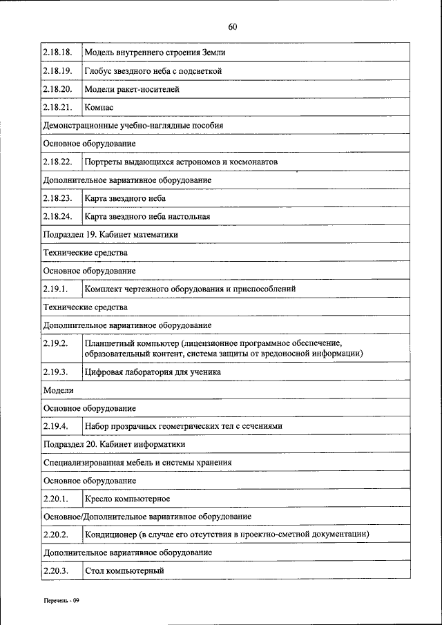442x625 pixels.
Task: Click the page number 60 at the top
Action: (x=232, y=27)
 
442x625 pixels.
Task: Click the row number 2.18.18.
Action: (x=57, y=52)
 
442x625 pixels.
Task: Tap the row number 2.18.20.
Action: (x=57, y=89)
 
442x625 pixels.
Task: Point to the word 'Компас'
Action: (x=99, y=108)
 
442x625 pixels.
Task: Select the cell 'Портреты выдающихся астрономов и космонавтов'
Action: (x=181, y=162)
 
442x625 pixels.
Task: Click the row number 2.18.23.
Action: (x=57, y=198)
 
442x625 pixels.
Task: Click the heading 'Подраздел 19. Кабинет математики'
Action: (x=110, y=234)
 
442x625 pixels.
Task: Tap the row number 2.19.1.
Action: (x=55, y=288)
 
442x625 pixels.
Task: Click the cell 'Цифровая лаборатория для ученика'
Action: (x=153, y=372)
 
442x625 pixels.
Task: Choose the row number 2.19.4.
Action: (x=55, y=426)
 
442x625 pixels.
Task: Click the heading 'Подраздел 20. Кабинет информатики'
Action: (x=113, y=444)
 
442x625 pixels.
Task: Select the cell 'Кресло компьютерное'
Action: (x=127, y=498)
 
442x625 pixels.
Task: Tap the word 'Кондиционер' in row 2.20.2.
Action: (x=110, y=534)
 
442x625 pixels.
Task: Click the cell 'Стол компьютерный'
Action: (x=124, y=570)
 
